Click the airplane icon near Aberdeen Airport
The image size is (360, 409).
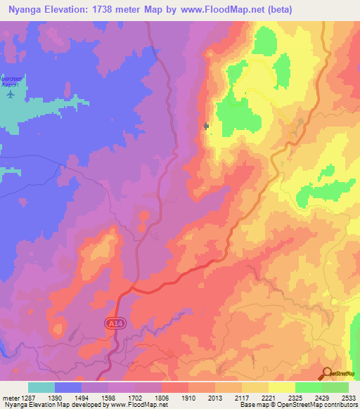[10, 93]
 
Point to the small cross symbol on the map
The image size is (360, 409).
[206, 126]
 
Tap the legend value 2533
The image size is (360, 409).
[349, 398]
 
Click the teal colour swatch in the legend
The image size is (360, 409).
[41, 387]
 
